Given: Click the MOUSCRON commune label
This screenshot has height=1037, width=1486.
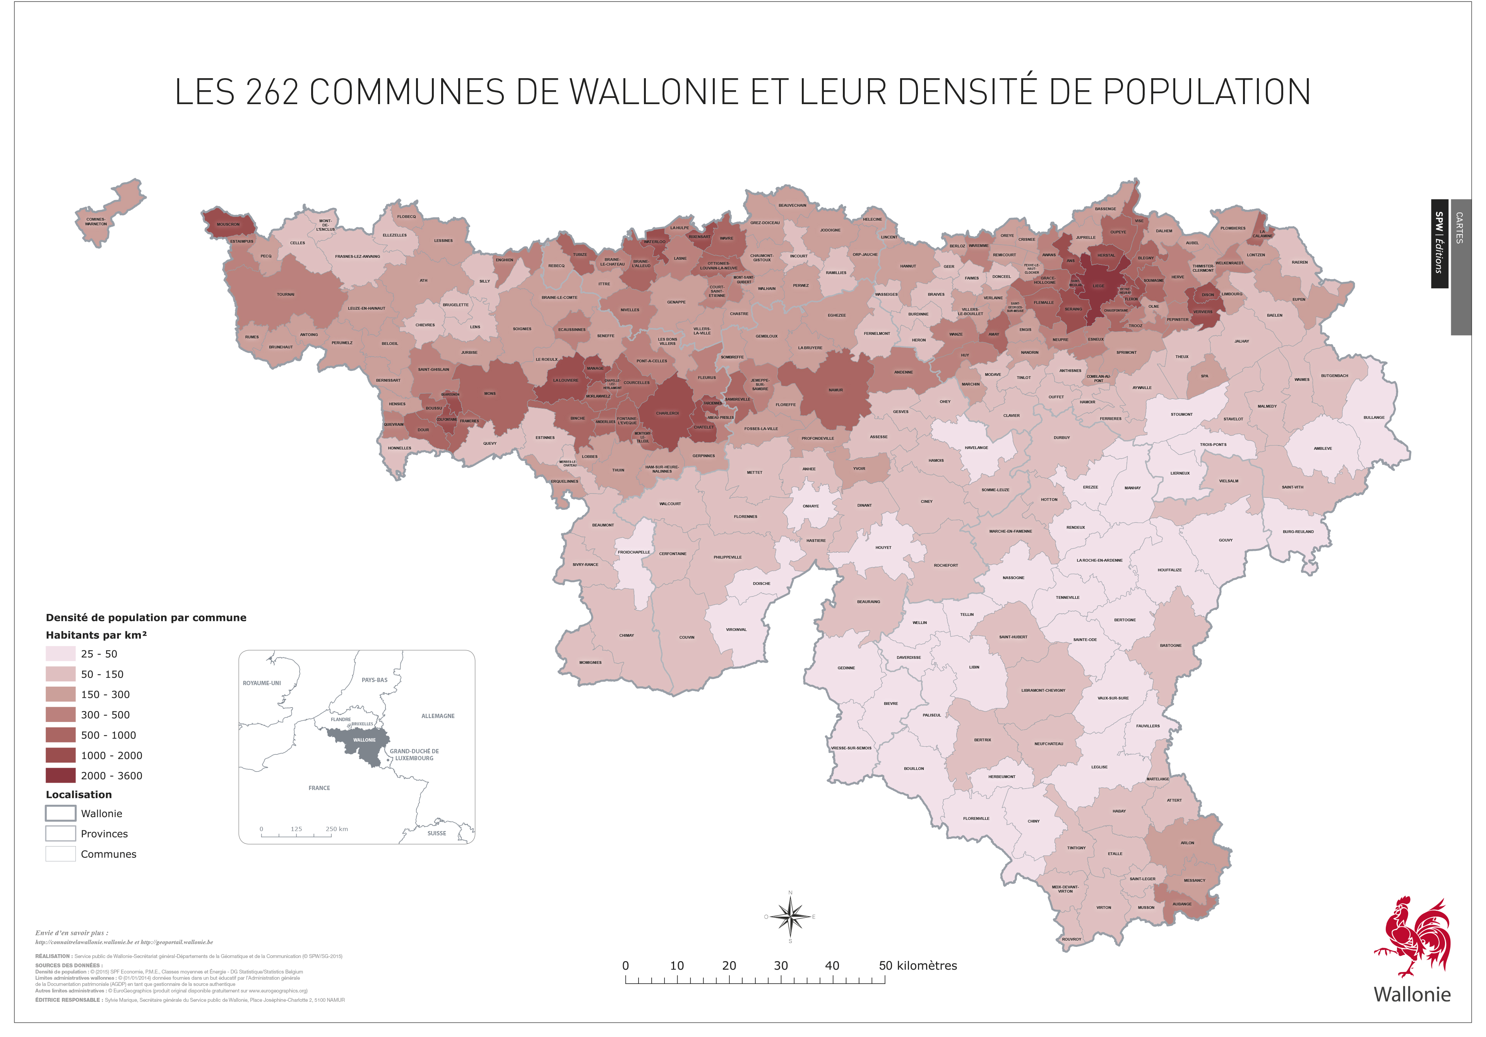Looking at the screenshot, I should tap(228, 225).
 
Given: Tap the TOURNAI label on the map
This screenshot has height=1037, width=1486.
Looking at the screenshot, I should tap(286, 295).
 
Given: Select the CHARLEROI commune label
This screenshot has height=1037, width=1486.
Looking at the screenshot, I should tap(667, 413).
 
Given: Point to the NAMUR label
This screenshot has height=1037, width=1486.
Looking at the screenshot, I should tap(835, 390).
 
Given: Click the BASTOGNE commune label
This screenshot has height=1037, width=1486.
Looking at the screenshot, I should tap(1170, 645).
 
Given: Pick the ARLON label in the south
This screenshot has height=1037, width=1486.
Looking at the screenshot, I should tap(1187, 843).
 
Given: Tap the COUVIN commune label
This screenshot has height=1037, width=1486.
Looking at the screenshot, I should tap(687, 637).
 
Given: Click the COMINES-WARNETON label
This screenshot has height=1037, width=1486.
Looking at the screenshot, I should tap(96, 221).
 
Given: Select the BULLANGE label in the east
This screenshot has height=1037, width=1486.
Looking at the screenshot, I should tap(1374, 418).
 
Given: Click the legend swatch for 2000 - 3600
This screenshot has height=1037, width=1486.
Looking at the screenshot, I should tap(60, 775).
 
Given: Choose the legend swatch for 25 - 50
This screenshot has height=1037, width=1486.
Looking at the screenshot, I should tap(60, 654).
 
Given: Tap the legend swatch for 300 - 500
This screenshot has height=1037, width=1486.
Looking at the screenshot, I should tap(60, 715).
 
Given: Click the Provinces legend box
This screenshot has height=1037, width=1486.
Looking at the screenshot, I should tap(60, 834).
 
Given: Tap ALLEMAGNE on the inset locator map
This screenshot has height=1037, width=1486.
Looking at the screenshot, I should tap(438, 716).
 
